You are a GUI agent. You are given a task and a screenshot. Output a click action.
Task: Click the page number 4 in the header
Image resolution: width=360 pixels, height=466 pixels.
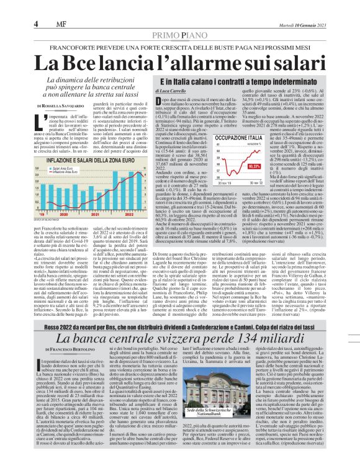point(37,24)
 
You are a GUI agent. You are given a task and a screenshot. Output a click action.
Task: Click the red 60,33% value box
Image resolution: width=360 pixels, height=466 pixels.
point(270,166)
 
